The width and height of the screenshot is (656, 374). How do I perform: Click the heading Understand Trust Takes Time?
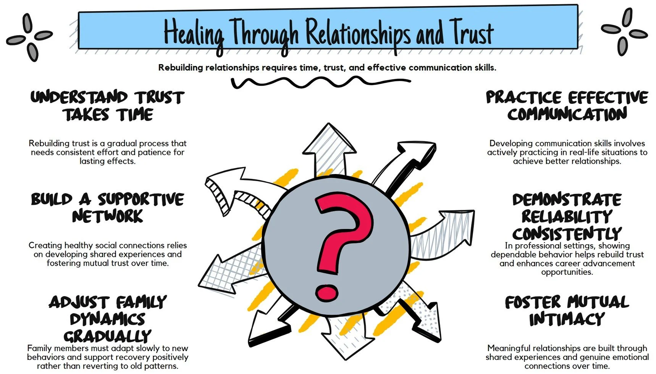point(108,106)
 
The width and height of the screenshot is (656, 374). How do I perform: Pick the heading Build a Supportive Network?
point(108,208)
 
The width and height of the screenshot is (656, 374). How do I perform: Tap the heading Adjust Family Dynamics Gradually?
point(108,319)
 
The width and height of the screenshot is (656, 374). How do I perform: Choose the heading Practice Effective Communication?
point(567,106)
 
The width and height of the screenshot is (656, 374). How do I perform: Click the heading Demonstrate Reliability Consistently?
point(567,216)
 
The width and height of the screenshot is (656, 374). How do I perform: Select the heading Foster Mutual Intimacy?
point(567,310)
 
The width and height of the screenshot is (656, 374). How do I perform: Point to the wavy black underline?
point(321,82)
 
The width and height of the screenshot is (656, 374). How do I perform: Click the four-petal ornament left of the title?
point(30,37)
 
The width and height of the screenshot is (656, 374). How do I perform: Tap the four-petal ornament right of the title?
point(624,32)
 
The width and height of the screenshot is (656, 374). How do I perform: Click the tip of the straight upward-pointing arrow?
point(329,125)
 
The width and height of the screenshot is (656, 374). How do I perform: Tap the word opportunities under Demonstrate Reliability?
point(567,272)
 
